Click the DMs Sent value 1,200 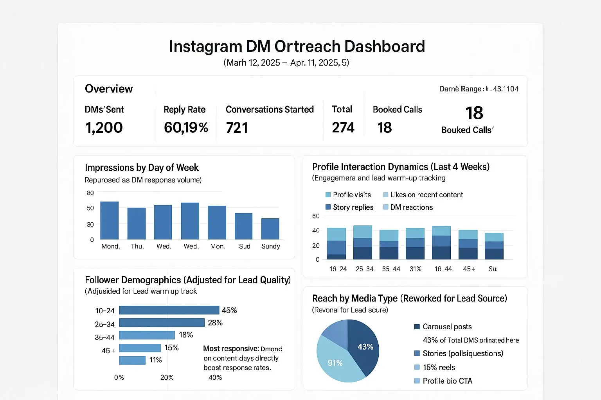[104, 128]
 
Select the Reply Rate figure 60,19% [186, 128]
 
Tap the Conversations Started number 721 [237, 128]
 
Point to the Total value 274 [343, 128]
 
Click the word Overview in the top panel [109, 89]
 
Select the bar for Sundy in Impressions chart [270, 229]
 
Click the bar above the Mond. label [110, 220]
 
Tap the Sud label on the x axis [245, 246]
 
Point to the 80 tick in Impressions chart [90, 193]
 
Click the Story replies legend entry [349, 207]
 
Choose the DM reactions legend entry [408, 207]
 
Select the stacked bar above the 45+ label [468, 245]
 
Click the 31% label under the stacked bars [416, 269]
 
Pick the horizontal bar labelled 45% [169, 310]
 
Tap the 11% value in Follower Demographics [155, 360]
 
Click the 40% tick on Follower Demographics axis [215, 378]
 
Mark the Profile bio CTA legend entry [443, 381]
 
